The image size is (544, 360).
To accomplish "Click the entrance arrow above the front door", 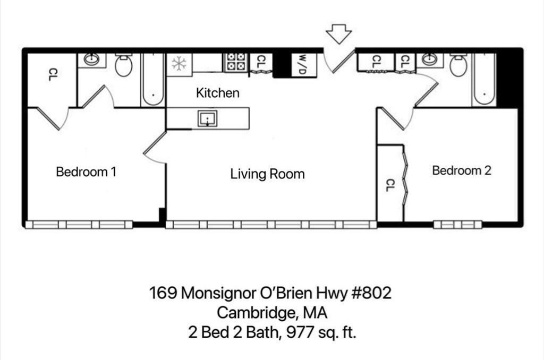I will pos(338,33).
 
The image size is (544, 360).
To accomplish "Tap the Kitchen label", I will pos(218,93).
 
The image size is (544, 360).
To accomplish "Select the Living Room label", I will pos(267,174).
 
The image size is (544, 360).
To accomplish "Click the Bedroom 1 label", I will pos(86,172).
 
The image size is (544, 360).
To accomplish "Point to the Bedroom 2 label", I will pos(461,171).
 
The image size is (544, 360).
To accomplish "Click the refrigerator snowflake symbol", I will pos(178,64).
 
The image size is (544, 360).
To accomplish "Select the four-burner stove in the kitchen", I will pos(236,62).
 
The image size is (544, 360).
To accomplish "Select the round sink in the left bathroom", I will pos(91,59).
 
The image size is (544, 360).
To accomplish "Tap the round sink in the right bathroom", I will pos(429,59).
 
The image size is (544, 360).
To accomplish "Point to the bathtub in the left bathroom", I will pos(153,80).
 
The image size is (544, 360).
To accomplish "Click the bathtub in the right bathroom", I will pos(484,80).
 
